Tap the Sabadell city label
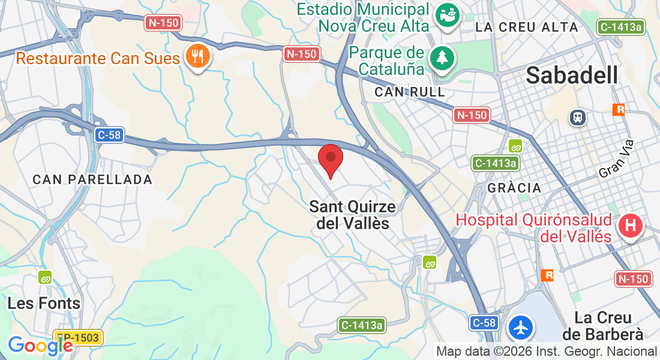[572, 76]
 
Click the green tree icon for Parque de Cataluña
[443, 58]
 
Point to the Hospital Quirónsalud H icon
[631, 227]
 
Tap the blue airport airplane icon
[520, 327]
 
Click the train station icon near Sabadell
[578, 117]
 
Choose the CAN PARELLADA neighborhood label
[92, 179]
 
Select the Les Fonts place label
[44, 304]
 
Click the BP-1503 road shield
[78, 338]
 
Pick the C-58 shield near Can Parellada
[109, 135]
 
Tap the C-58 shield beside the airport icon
[484, 323]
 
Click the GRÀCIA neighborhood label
[514, 188]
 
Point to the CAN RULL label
[410, 92]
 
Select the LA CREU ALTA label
[526, 27]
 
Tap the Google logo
[40, 346]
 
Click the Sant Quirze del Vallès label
[352, 215]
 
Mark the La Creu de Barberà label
[608, 325]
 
